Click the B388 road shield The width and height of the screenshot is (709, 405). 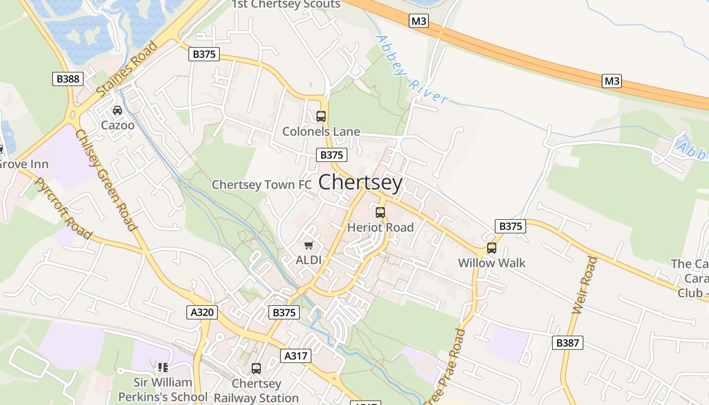(x=67, y=78)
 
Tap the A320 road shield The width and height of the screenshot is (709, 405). (x=202, y=312)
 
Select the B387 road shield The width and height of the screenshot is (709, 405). (x=567, y=343)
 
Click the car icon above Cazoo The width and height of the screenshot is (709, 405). (x=117, y=110)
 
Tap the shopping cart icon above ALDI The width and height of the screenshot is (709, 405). (x=308, y=246)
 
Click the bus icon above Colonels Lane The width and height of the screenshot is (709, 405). (x=321, y=116)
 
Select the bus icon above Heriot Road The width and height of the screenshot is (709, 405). (x=380, y=213)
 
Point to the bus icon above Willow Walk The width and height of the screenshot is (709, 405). (x=491, y=248)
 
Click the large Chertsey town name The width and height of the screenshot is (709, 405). (x=361, y=183)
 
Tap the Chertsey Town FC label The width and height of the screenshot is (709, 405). (x=261, y=185)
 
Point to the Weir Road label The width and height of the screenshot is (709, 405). (x=584, y=285)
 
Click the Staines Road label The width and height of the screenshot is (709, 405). (x=127, y=69)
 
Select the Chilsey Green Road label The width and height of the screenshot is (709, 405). (x=106, y=180)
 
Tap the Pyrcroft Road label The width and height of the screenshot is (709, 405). (x=64, y=208)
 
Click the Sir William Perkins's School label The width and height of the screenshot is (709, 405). (x=163, y=389)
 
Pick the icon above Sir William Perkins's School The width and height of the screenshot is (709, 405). (x=163, y=367)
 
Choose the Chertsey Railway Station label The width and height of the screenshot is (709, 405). (x=256, y=391)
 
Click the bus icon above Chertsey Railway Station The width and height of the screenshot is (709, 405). (x=256, y=368)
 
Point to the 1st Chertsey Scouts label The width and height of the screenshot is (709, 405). (x=286, y=5)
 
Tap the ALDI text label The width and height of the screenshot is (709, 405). (x=308, y=260)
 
